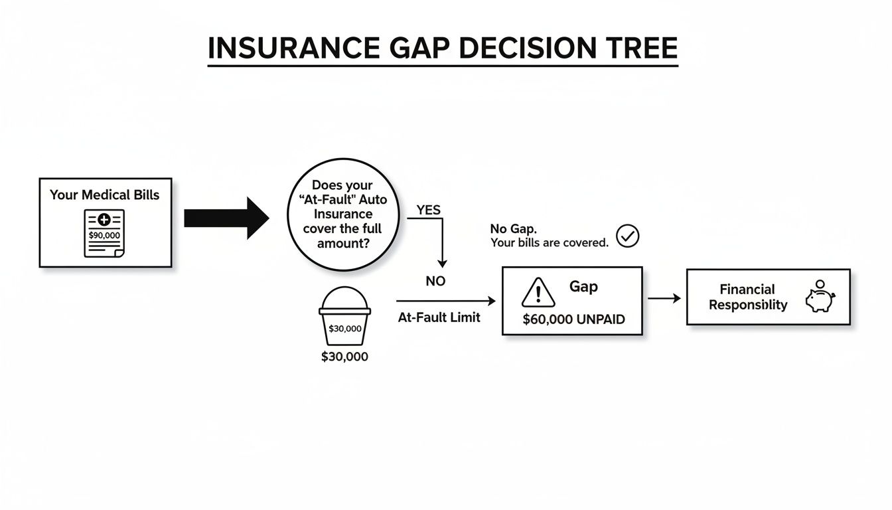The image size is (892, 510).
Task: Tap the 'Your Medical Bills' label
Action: click(104, 195)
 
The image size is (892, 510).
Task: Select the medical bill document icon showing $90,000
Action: click(104, 232)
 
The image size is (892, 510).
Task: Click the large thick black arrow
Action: click(226, 218)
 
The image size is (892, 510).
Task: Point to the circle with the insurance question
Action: click(342, 214)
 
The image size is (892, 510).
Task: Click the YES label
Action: click(428, 210)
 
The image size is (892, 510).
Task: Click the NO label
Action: click(435, 282)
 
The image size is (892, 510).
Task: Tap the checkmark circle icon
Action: click(627, 236)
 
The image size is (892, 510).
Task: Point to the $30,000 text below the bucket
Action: click(344, 357)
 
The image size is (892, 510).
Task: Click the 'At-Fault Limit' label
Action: click(439, 317)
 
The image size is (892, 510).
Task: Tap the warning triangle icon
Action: click(538, 292)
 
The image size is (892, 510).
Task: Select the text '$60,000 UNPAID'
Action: click(573, 319)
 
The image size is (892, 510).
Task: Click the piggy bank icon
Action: click(820, 297)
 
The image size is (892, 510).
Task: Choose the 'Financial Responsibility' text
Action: click(747, 297)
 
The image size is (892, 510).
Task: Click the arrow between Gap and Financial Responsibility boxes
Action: click(664, 299)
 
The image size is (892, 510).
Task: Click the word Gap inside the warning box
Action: click(583, 287)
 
